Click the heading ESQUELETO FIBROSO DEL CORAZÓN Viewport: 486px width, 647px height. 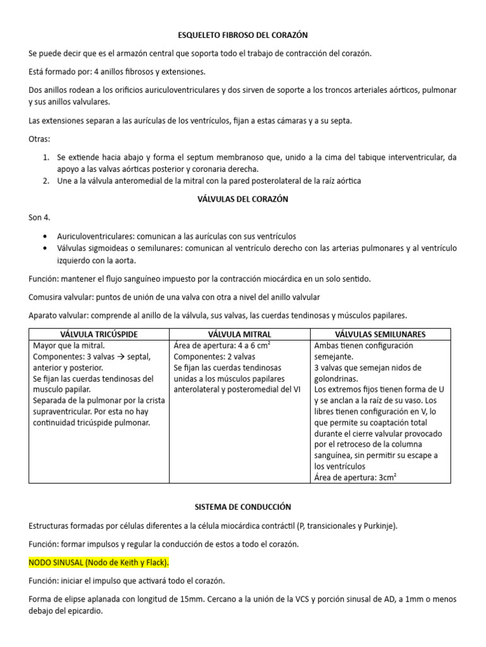(242, 35)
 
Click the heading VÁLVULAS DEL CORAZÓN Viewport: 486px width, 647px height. (243, 199)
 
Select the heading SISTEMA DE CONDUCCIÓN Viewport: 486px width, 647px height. (242, 507)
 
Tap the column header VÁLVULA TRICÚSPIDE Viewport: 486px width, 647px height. (99, 334)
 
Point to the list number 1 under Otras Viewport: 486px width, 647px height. (46, 157)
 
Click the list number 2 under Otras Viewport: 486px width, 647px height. (46, 181)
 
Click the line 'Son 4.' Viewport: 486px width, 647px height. (39, 217)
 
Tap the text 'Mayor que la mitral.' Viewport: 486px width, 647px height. (68, 346)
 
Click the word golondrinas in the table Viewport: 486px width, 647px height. (336, 378)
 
